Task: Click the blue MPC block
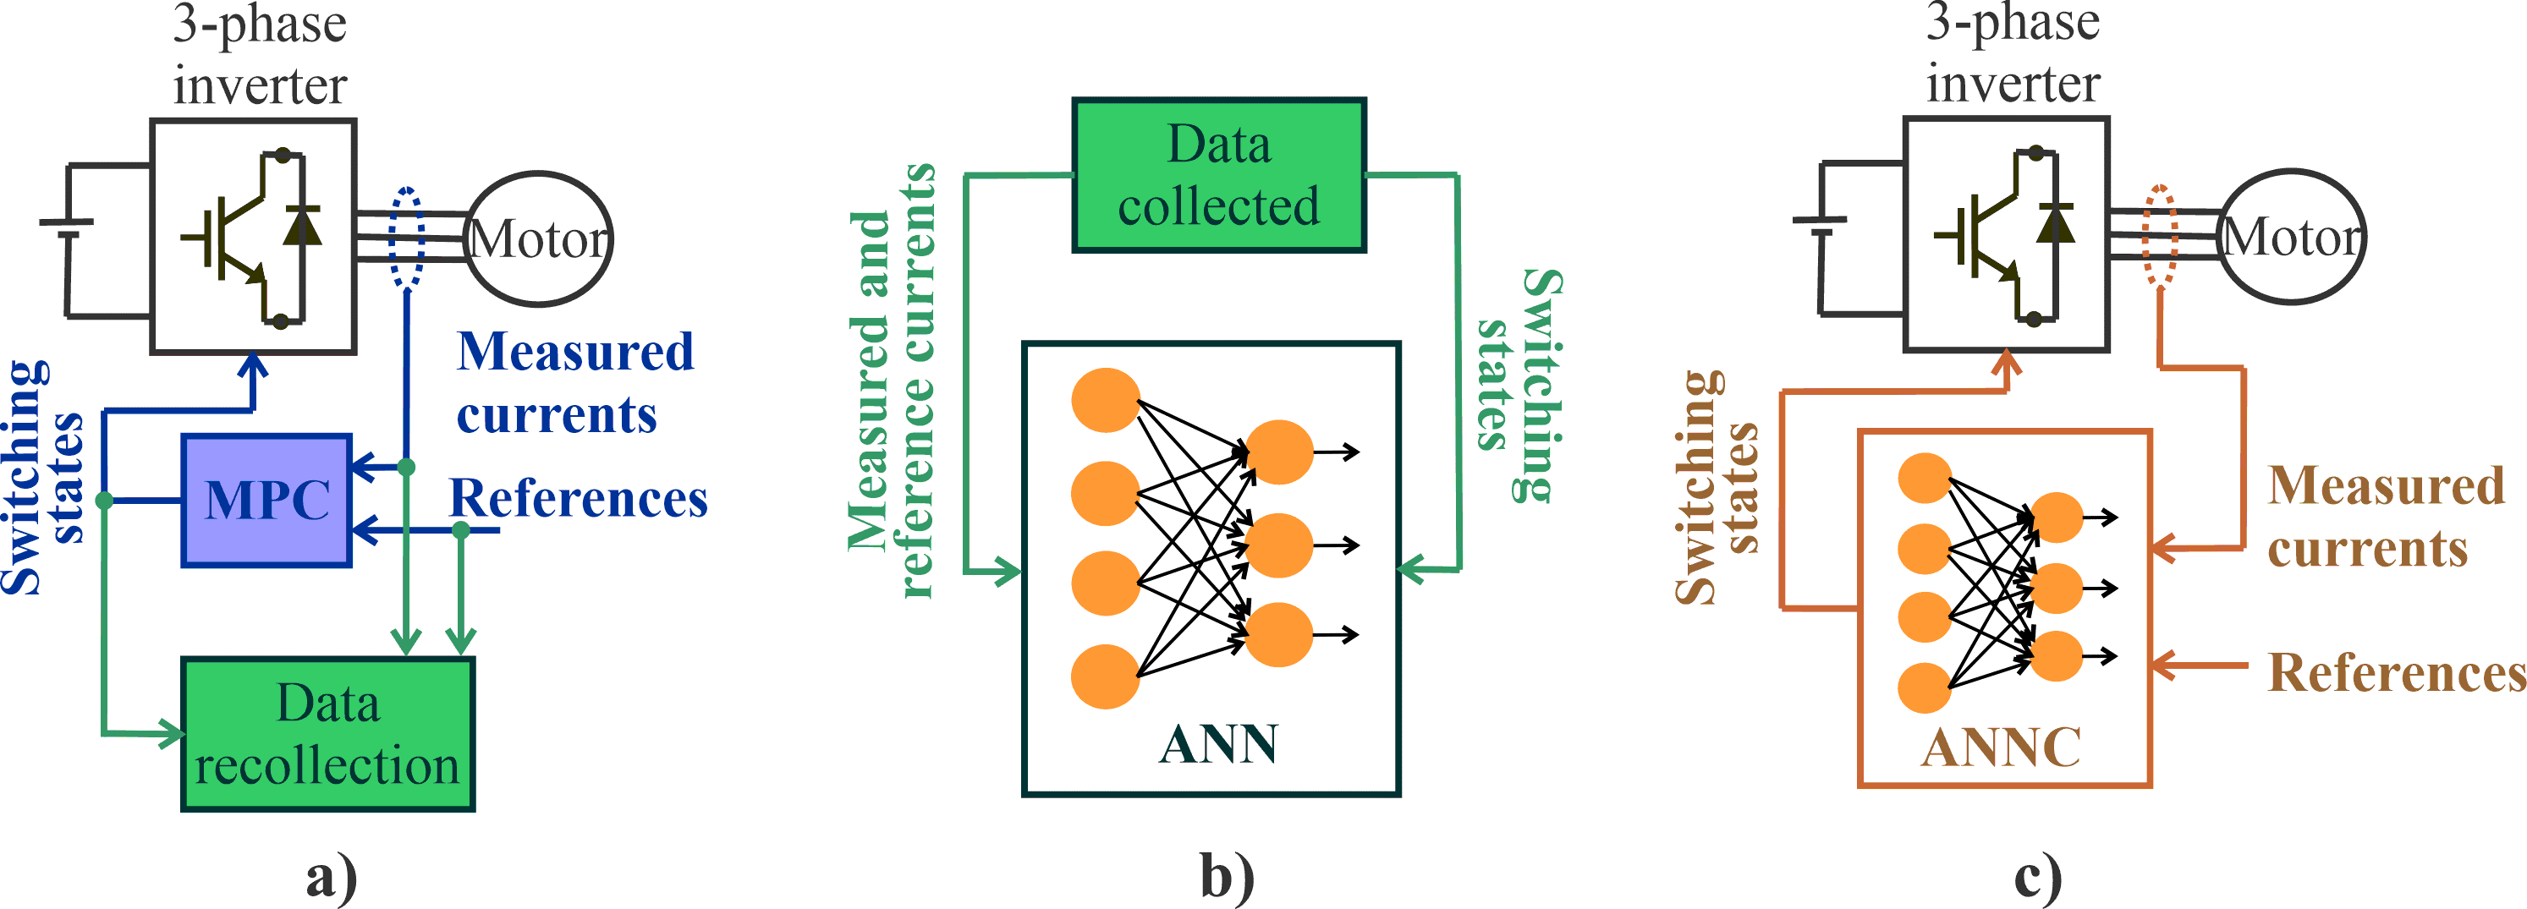(266, 500)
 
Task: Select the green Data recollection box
(327, 733)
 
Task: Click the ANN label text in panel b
(1218, 744)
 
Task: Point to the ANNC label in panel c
(2000, 748)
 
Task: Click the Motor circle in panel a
(539, 238)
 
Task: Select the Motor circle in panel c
(2292, 236)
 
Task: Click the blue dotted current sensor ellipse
(406, 238)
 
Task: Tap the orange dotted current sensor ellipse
(2159, 235)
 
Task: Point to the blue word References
(578, 498)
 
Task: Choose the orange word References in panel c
(2397, 674)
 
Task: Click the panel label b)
(1228, 876)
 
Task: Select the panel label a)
(332, 876)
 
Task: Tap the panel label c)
(2037, 876)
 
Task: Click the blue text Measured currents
(574, 382)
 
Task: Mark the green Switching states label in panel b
(1519, 385)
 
